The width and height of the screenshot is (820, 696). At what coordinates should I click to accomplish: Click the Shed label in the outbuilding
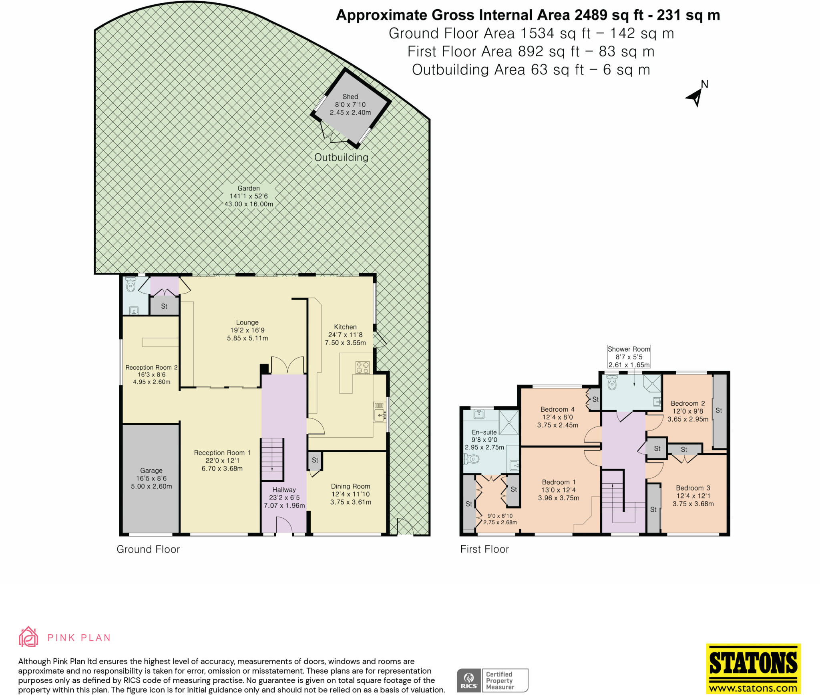point(350,97)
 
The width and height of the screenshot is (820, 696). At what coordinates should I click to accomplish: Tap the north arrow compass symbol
point(696,97)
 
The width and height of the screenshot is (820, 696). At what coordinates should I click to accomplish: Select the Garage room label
point(151,471)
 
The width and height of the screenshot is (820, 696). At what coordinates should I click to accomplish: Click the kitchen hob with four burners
point(362,368)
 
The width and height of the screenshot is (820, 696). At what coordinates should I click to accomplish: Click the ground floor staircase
point(272,459)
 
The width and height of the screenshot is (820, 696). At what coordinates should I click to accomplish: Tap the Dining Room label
point(350,486)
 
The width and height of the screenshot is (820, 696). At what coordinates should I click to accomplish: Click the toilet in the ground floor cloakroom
point(130,285)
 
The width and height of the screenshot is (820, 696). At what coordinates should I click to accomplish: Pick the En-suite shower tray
point(508,422)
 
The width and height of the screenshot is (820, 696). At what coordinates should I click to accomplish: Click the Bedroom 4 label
point(557,409)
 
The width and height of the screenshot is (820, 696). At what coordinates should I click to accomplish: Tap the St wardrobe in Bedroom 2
point(719,410)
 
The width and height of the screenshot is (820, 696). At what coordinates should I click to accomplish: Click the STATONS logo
point(753,674)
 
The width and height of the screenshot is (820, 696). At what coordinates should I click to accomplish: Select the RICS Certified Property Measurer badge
point(492,680)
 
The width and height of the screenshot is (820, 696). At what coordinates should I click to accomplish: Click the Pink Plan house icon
point(28,637)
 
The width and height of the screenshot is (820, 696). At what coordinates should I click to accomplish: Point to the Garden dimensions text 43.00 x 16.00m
point(249,204)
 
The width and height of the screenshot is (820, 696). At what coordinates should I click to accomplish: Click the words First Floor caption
point(484,549)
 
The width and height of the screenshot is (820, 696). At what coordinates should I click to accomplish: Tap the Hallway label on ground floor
point(284,489)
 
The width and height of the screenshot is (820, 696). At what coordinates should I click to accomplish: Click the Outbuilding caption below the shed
point(341,157)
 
